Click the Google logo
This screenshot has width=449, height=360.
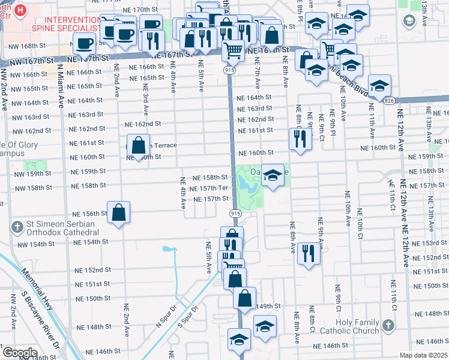click(20, 353)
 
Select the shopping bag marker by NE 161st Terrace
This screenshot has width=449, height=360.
click(138, 145)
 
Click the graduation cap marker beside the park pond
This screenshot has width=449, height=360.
click(272, 175)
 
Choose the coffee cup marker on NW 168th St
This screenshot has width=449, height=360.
click(83, 43)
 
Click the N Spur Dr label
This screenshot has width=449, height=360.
click(168, 316)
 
